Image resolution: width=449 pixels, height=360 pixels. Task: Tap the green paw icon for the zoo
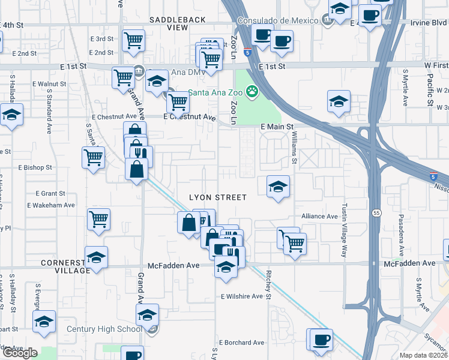point(253,92)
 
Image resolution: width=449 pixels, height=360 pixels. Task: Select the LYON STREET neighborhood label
point(218,197)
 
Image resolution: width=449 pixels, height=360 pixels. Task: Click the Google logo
point(19,353)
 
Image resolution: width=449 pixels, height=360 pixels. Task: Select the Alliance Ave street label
point(319,217)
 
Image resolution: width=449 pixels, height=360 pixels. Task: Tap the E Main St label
point(276,127)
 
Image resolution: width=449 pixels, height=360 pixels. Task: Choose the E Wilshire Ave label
point(242,296)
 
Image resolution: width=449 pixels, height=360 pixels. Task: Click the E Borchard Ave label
point(242,343)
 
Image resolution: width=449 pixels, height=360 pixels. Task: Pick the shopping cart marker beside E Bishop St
point(94,158)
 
